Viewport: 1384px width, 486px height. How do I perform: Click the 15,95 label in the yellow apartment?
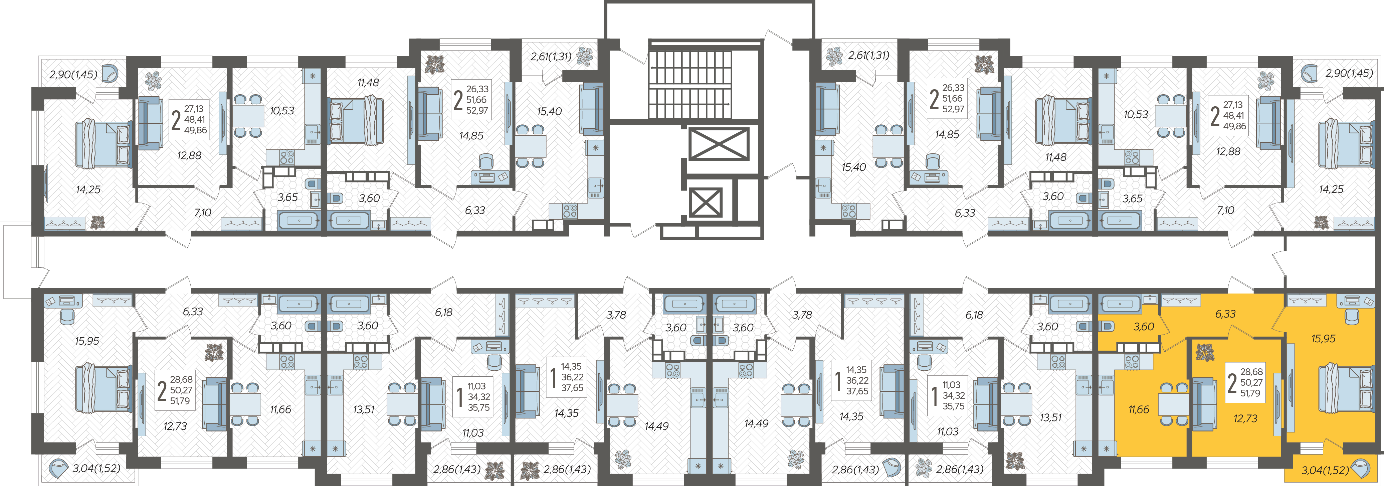1323,339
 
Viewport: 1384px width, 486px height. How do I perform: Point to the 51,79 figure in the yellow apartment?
1250,393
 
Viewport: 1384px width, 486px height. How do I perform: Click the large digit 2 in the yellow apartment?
1232,383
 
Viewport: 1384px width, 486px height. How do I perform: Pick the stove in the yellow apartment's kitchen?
1132,362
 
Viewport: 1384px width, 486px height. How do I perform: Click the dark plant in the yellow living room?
1205,353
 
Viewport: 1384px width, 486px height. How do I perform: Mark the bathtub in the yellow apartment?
1120,304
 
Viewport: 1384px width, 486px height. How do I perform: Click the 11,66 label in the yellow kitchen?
1139,410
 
